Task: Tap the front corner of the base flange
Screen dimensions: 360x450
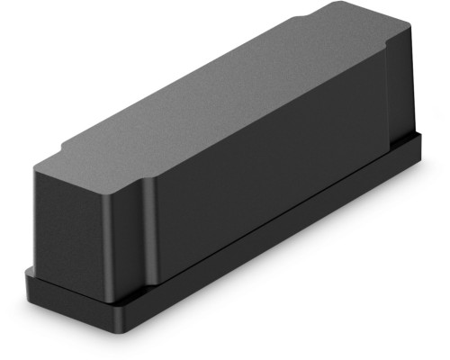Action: point(127,319)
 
